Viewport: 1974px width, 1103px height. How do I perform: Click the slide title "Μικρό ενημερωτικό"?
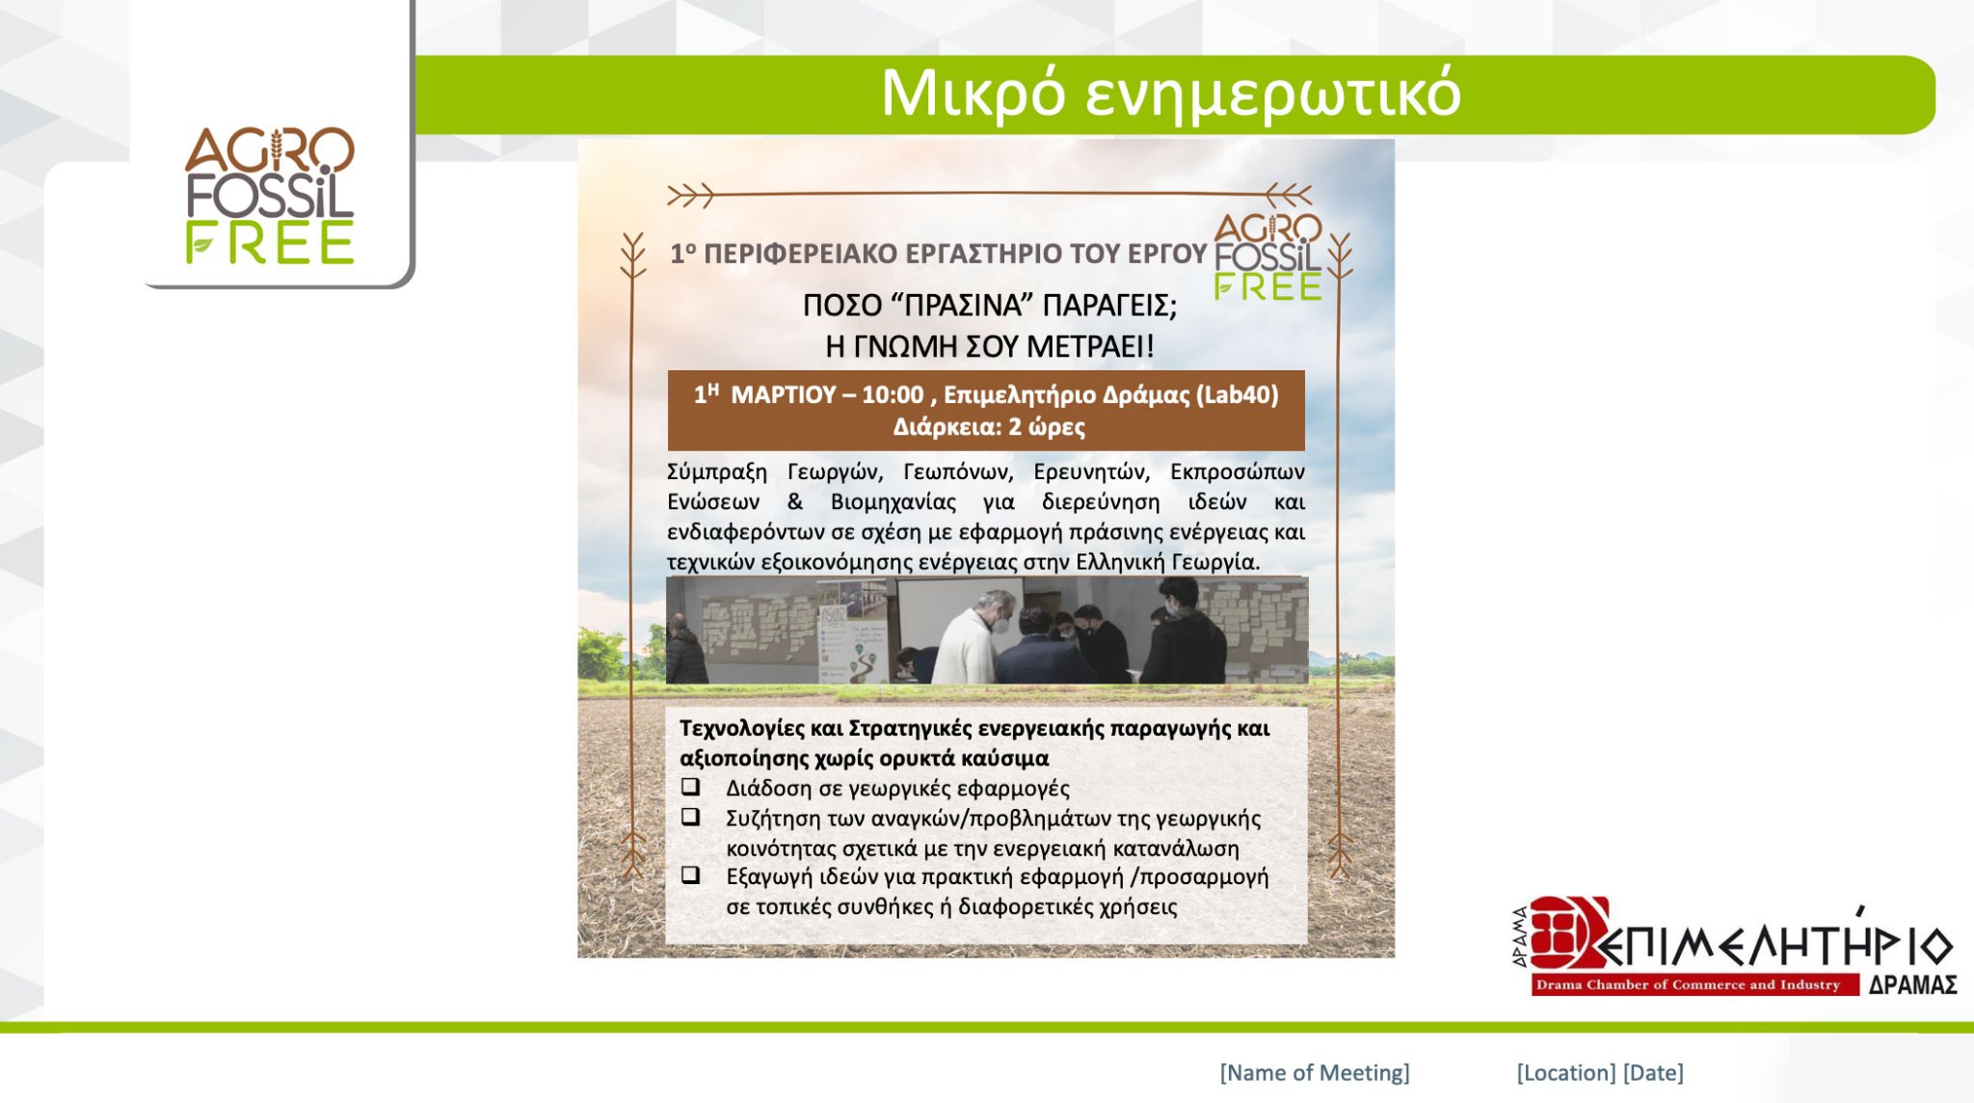pos(1171,94)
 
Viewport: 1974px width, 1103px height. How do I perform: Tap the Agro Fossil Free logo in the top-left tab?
pos(270,196)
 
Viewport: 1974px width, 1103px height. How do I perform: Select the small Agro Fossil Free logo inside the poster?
pos(1267,256)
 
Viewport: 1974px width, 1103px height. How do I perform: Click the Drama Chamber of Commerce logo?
pos(1734,948)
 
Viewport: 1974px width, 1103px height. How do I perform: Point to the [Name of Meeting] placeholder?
pos(1315,1073)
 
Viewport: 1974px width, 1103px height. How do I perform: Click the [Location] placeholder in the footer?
pos(1566,1073)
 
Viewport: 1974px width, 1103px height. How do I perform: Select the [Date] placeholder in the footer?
pos(1653,1073)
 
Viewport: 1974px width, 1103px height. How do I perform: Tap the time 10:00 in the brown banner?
pos(893,395)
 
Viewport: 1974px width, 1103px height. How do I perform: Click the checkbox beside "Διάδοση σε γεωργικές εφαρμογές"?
pos(690,786)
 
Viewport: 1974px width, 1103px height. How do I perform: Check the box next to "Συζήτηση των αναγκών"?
pos(690,817)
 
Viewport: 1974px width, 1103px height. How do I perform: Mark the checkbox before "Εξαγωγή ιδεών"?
pos(690,875)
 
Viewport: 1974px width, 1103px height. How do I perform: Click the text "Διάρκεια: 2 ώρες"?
pos(989,427)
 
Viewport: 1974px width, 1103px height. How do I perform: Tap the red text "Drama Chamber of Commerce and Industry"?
pos(1688,984)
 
